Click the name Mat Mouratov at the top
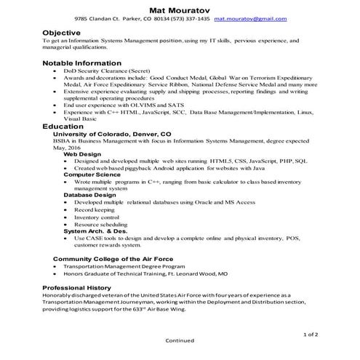[180, 8]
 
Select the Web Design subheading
[83, 154]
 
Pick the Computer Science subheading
[92, 175]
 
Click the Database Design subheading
[89, 195]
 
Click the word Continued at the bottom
[180, 340]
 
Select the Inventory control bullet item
[96, 217]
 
